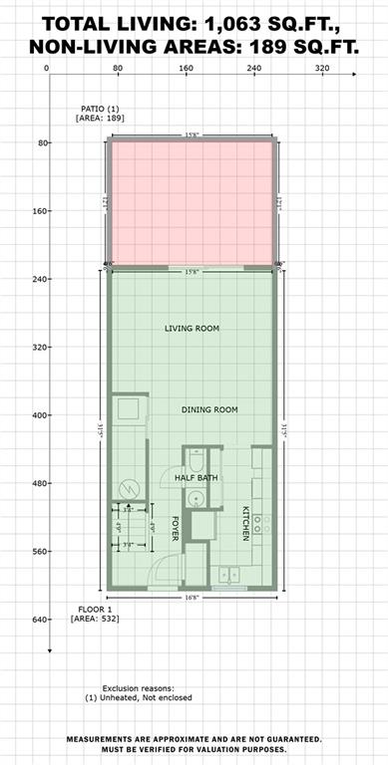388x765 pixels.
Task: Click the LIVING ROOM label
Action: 193,328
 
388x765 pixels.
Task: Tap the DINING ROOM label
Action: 209,410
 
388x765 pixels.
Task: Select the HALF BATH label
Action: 196,478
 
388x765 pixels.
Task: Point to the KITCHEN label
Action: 245,524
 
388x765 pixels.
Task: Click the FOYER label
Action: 175,527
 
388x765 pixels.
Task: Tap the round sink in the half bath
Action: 197,500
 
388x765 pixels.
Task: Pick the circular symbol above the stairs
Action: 128,487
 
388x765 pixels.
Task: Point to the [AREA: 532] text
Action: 97,620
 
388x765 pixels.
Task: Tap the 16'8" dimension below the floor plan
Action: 191,599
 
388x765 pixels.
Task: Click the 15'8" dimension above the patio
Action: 191,134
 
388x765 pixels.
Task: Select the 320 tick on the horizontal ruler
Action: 321,69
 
